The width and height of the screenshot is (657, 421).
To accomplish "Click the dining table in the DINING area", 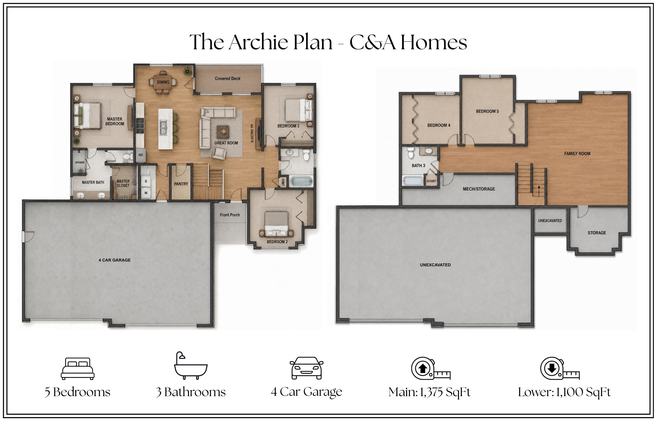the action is (163, 82).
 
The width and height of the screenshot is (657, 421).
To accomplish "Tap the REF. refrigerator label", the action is (141, 155).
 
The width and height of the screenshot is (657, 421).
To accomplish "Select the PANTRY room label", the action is (181, 184).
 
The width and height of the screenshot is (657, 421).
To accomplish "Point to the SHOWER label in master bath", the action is (80, 162).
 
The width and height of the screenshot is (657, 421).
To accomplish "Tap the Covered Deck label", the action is (228, 79).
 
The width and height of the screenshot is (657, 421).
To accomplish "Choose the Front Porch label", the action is (230, 215).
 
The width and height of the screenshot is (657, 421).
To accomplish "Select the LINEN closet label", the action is (283, 182).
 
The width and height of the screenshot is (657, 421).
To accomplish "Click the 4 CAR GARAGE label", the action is (115, 260).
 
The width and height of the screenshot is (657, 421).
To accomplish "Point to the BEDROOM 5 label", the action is (487, 111).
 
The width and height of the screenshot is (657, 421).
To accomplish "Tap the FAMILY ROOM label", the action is (577, 154).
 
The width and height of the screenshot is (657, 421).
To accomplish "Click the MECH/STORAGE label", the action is (479, 189).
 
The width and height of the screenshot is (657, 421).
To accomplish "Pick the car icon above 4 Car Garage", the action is (306, 368).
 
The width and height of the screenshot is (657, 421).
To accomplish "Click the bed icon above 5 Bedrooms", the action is (78, 369).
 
